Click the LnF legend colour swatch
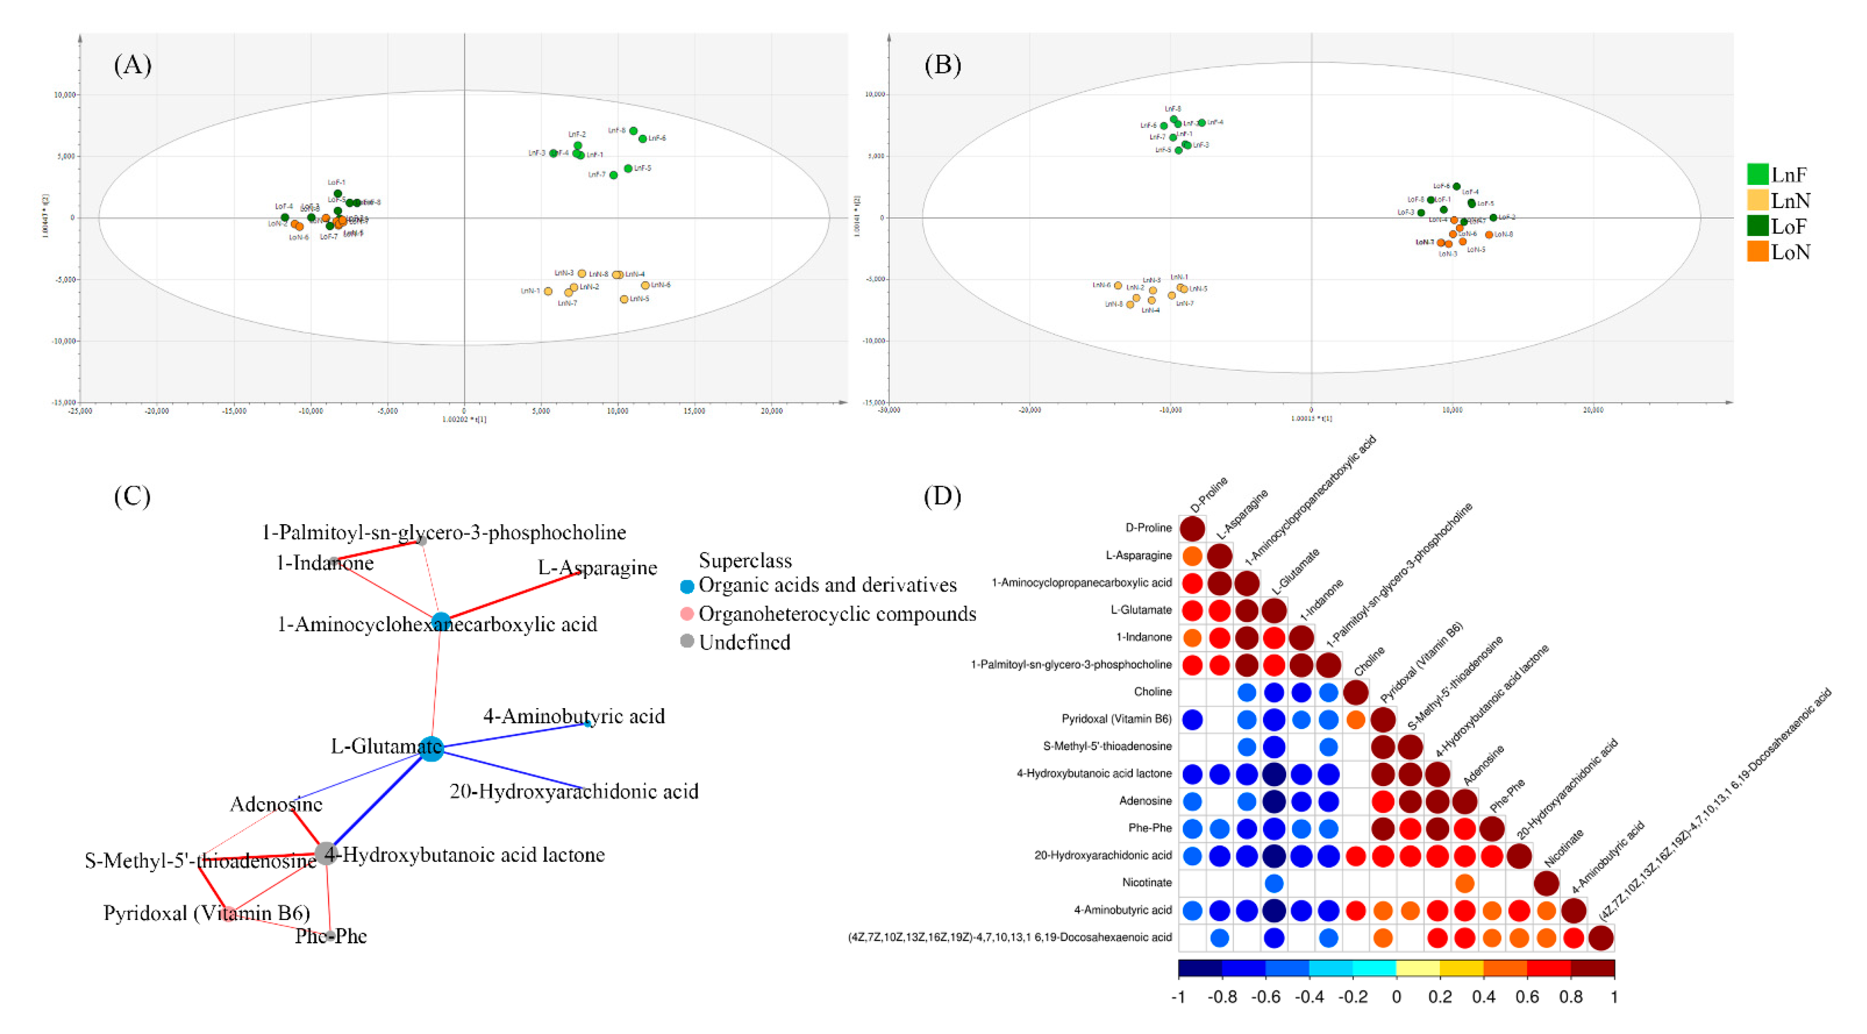[1758, 174]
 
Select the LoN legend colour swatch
[1758, 252]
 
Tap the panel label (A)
[132, 65]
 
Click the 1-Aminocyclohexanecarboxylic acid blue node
[441, 622]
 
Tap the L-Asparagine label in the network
[597, 567]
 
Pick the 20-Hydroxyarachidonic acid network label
[574, 791]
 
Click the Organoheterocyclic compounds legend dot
[687, 614]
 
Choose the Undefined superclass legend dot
[687, 641]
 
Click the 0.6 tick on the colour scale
[1527, 997]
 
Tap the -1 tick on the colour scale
[1179, 997]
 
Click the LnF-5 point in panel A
[628, 168]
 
